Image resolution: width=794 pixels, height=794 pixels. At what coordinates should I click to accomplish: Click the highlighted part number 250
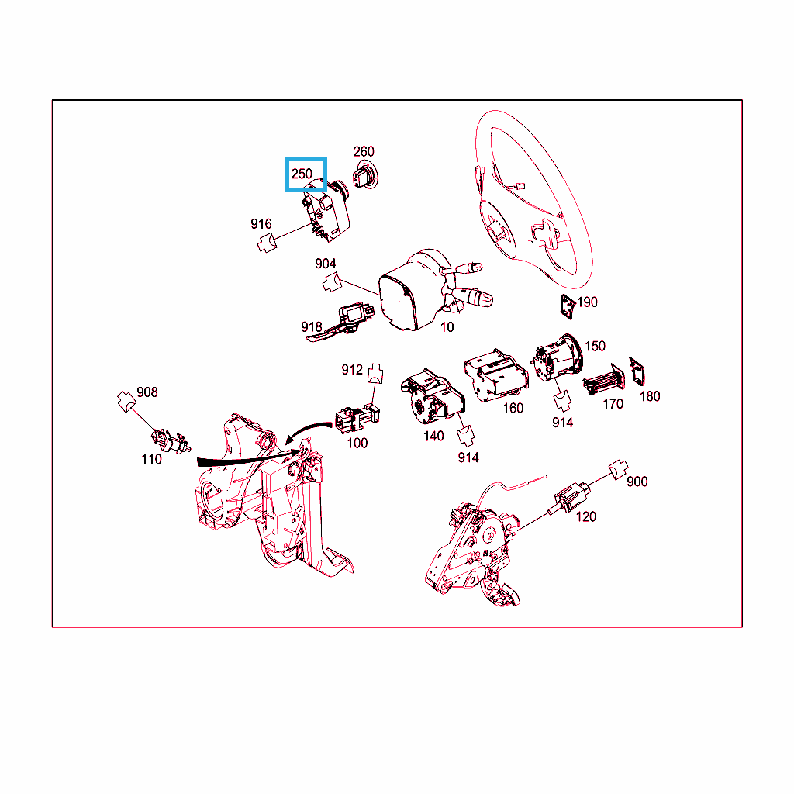302,174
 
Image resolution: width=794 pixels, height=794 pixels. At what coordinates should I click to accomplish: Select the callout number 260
364,151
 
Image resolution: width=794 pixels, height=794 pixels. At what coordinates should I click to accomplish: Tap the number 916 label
261,224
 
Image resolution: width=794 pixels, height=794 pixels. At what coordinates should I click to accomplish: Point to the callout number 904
325,264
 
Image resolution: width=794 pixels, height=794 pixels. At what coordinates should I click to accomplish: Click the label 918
312,327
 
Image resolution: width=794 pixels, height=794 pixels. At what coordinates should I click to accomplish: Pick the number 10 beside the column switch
447,327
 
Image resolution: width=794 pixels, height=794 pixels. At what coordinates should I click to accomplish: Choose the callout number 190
588,302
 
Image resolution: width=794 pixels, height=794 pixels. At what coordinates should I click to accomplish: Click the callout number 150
595,346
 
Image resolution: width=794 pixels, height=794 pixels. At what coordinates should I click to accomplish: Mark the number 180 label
650,396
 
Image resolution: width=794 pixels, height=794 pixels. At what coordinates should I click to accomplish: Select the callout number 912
352,370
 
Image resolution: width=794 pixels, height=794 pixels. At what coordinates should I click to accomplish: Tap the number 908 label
147,392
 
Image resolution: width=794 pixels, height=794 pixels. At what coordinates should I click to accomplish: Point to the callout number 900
637,482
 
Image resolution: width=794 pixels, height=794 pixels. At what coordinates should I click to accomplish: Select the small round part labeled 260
365,175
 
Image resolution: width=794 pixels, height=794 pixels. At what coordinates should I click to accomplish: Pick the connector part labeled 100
357,418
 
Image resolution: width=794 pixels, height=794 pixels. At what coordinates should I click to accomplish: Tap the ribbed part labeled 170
603,380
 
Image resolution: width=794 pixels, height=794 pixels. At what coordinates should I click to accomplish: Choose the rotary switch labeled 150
557,357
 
